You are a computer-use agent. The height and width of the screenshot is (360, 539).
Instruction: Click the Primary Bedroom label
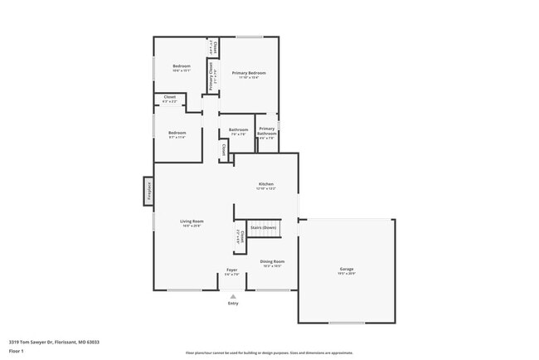248,73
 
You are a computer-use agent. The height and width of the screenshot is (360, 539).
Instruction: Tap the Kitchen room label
265,184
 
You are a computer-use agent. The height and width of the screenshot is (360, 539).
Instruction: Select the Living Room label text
192,221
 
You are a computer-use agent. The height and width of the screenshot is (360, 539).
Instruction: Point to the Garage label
346,269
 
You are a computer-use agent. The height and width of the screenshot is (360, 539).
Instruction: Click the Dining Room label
273,261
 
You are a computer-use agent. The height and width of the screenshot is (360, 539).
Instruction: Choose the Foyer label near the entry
232,270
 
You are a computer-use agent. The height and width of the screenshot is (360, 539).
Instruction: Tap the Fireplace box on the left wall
149,191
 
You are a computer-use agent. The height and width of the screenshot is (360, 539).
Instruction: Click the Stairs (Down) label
264,226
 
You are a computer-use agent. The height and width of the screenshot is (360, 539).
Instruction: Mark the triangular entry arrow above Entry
233,294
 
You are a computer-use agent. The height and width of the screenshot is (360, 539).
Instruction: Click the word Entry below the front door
233,303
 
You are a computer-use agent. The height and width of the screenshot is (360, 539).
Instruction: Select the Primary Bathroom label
266,131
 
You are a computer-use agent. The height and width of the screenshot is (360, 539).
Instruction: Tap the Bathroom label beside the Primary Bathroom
239,129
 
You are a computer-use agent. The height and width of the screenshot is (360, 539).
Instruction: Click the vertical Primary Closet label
211,77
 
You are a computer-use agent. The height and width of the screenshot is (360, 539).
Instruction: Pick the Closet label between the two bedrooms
169,97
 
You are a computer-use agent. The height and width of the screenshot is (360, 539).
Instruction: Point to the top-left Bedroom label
181,66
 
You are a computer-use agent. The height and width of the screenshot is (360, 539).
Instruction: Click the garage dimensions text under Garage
346,274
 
